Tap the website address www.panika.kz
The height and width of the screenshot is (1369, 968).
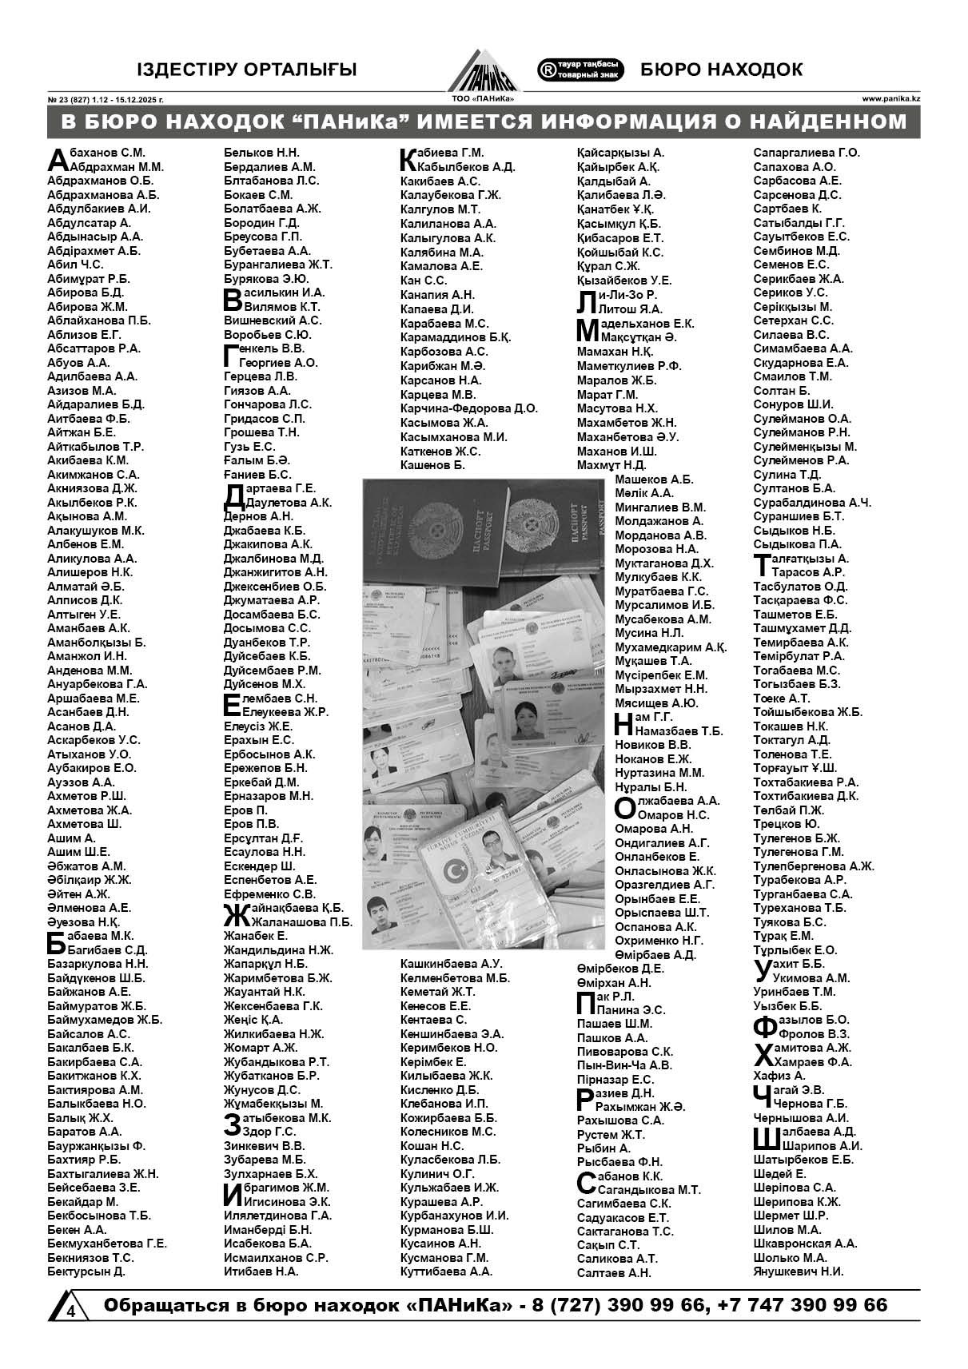point(890,99)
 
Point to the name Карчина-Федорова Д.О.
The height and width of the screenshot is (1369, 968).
point(468,408)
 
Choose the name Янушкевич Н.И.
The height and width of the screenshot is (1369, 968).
point(798,1271)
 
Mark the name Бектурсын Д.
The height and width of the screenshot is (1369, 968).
point(86,1271)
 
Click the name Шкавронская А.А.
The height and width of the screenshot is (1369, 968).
point(805,1243)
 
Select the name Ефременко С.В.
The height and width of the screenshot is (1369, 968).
point(269,893)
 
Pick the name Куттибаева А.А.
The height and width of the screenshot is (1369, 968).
point(446,1271)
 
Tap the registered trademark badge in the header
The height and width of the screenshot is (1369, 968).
point(580,70)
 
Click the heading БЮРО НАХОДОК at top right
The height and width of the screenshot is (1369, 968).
point(721,70)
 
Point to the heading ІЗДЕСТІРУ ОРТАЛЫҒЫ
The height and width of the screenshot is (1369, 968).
point(246,70)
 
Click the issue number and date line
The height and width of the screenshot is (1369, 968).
point(106,100)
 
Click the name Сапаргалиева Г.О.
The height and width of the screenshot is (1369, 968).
point(806,153)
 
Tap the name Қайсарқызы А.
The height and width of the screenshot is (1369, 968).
point(620,153)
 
